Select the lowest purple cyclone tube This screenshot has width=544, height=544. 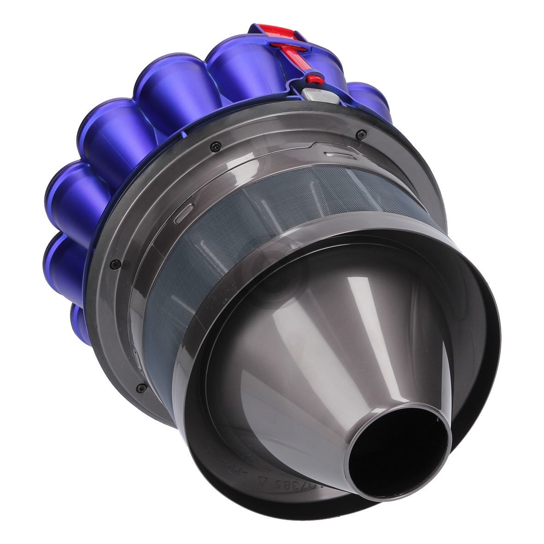(79, 318)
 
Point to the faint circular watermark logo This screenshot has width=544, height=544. (272, 272)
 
